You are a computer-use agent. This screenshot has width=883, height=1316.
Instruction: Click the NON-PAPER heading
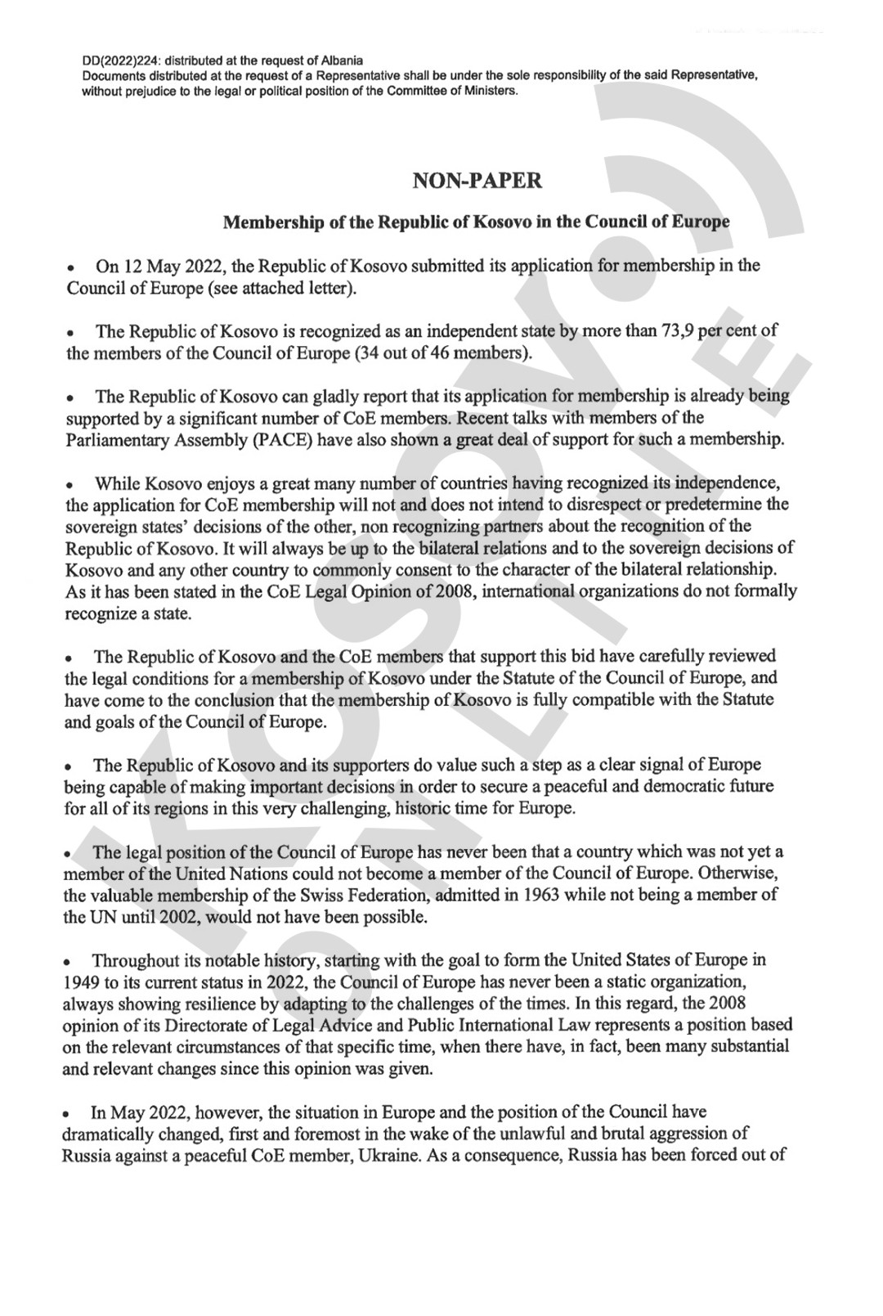pyautogui.click(x=477, y=181)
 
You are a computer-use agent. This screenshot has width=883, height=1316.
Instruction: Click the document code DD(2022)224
pyautogui.click(x=119, y=61)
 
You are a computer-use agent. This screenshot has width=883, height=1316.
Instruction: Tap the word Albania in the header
pyautogui.click(x=344, y=61)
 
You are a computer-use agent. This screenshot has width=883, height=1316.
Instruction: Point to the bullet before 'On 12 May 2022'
pyautogui.click(x=72, y=267)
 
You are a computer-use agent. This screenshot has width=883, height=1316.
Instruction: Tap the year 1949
pyautogui.click(x=78, y=981)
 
